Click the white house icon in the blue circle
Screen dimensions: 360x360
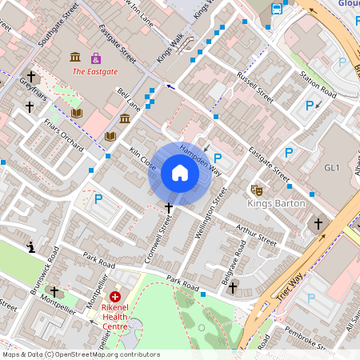(x=180, y=173)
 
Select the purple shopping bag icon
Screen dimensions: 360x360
(x=96, y=58)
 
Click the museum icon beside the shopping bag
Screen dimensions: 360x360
(x=75, y=58)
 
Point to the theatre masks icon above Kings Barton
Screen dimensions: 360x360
(x=257, y=190)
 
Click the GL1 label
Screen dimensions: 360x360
(x=333, y=168)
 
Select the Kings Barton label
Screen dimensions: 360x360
(x=276, y=203)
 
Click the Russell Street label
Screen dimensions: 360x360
(x=254, y=88)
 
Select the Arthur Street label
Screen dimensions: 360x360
(x=256, y=236)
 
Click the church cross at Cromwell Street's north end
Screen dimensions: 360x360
(x=168, y=208)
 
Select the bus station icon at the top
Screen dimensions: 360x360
(x=277, y=9)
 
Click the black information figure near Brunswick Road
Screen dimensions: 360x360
(x=30, y=246)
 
